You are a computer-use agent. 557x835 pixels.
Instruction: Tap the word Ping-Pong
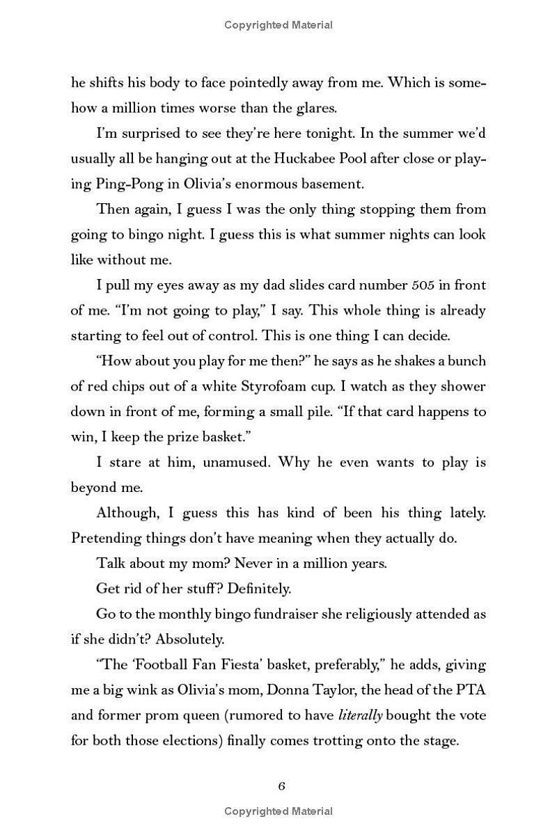[118, 184]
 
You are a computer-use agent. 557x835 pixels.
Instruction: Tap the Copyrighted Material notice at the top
[278, 25]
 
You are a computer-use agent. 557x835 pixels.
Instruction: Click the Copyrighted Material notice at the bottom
[278, 811]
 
